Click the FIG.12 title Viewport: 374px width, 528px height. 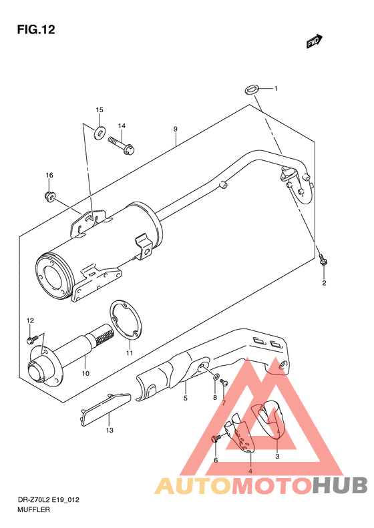[x=32, y=29]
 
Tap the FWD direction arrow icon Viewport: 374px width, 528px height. [x=315, y=41]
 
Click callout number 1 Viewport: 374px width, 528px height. [x=274, y=89]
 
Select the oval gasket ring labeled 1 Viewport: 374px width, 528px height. [x=252, y=88]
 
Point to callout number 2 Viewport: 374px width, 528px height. [x=324, y=283]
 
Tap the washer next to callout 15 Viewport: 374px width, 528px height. [x=99, y=130]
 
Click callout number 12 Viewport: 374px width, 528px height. [x=29, y=321]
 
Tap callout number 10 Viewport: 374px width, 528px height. [x=85, y=373]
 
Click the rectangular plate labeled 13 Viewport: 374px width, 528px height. [x=105, y=406]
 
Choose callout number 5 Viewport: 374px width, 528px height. [x=186, y=399]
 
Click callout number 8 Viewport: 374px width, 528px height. [x=215, y=398]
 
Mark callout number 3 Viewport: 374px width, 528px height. [x=276, y=457]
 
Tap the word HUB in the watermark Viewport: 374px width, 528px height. [x=338, y=485]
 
